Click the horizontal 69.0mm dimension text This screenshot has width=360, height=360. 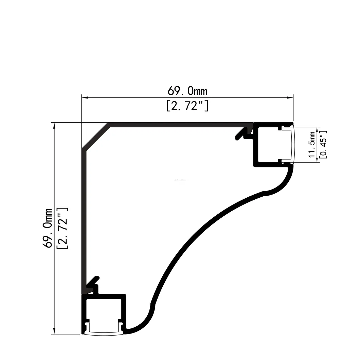[x=187, y=91]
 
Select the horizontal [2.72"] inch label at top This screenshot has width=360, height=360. [x=187, y=106]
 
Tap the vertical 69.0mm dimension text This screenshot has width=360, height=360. [x=48, y=228]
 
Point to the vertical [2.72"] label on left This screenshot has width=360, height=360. [x=63, y=228]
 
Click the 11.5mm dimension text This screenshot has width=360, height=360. [x=312, y=144]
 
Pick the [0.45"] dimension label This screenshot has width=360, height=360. [x=323, y=144]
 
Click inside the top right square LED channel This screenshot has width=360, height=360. [x=268, y=144]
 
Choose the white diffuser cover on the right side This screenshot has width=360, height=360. [x=292, y=144]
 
